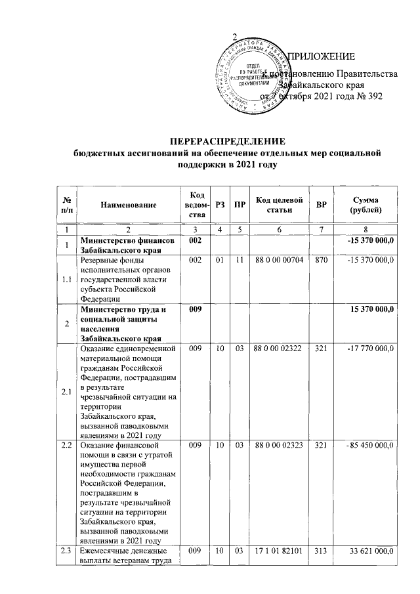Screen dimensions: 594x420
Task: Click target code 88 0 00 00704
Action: pyautogui.click(x=278, y=261)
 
